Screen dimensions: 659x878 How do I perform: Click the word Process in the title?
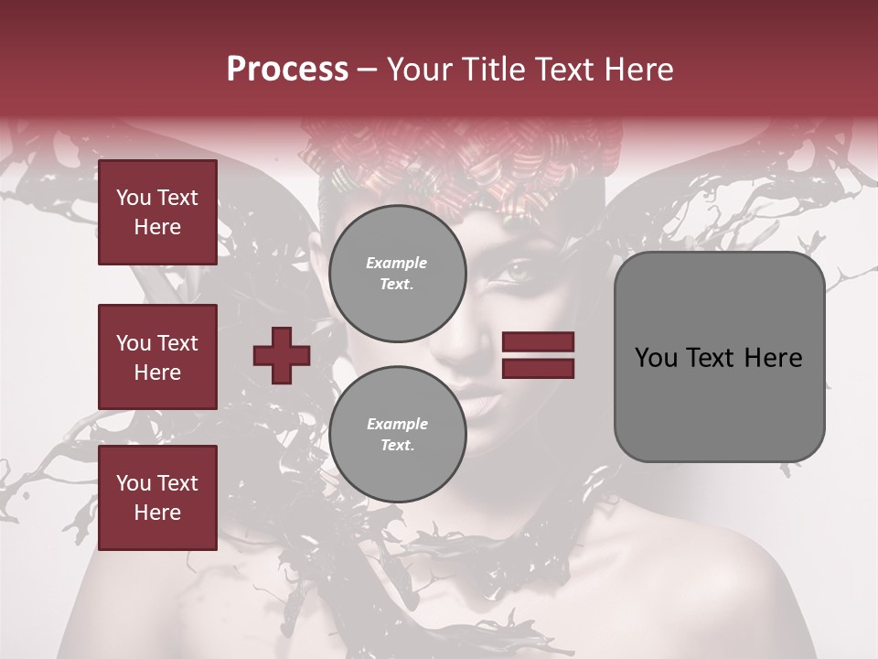pos(287,70)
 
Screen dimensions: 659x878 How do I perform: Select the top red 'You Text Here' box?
pos(157,212)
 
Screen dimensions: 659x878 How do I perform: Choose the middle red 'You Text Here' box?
pos(157,357)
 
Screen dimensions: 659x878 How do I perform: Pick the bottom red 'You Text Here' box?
pos(157,498)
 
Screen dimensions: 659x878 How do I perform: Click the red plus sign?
pos(281,355)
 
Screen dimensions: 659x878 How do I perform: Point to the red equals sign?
pos(538,355)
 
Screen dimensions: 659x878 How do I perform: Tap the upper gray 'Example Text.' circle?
pos(397,273)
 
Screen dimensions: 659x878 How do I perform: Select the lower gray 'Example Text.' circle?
pos(397,434)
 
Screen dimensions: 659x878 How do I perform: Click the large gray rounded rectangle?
pos(719,357)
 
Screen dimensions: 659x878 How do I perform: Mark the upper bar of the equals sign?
pos(538,342)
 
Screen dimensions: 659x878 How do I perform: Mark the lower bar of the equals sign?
pos(538,368)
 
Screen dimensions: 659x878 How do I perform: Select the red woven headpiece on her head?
pos(457,165)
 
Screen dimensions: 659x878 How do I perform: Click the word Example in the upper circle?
pos(397,263)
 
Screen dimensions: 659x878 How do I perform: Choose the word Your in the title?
pos(418,70)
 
